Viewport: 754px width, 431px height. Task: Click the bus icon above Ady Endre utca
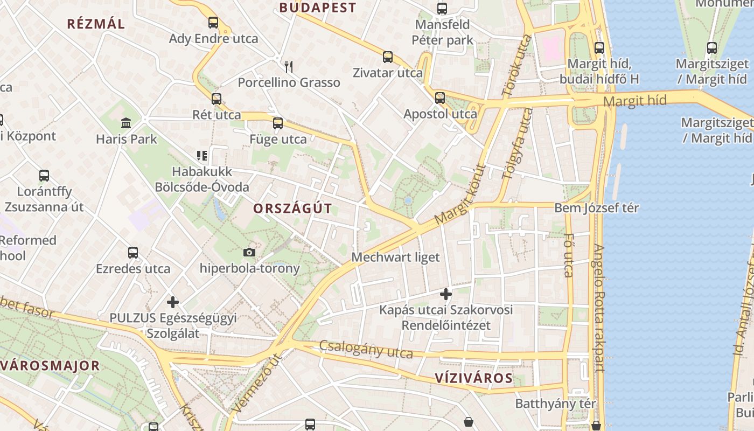[213, 23]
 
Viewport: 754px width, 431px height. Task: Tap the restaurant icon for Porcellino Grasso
[289, 67]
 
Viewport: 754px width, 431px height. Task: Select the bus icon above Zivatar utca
[388, 57]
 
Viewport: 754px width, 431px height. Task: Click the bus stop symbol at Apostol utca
[440, 98]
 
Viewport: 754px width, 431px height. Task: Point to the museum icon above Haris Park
[127, 123]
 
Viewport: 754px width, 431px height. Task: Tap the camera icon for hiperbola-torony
[249, 252]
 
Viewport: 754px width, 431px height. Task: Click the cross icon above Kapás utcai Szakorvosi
[446, 294]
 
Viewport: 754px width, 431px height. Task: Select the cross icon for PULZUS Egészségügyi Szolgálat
[173, 302]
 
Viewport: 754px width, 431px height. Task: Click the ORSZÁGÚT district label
[292, 208]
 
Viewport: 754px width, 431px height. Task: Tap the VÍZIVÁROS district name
[474, 378]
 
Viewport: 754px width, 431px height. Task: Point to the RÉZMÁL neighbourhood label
[96, 24]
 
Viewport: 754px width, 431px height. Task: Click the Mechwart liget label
[395, 257]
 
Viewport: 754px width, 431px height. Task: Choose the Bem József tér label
[597, 208]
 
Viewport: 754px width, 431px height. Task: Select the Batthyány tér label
[556, 404]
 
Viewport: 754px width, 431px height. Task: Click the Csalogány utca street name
[366, 350]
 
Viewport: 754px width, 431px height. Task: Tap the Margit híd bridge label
[635, 101]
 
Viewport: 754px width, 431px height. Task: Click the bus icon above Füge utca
[278, 123]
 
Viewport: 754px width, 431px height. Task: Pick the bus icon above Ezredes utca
[133, 253]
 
